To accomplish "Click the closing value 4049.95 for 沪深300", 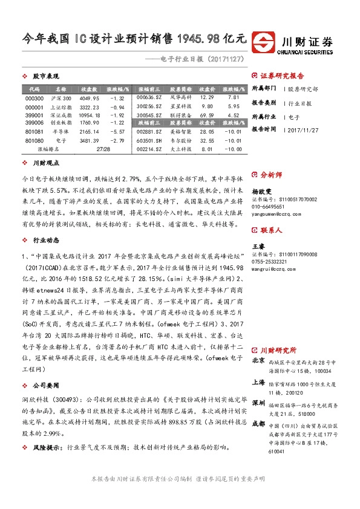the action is [x=88, y=99].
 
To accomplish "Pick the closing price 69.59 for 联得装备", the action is [x=207, y=114].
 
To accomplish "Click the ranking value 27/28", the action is [x=102, y=148].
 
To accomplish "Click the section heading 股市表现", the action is [x=45, y=77].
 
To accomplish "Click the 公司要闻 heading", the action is [x=45, y=384].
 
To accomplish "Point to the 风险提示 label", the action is [x=47, y=447].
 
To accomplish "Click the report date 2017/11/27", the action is [x=304, y=129].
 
